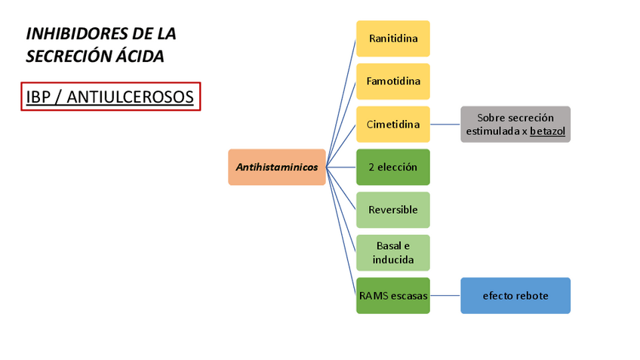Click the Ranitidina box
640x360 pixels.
[392, 38]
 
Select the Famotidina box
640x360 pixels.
[392, 81]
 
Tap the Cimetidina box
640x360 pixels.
[392, 124]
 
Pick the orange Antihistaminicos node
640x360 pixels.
[277, 167]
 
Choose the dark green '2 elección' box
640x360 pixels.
[392, 167]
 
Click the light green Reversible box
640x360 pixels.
[392, 210]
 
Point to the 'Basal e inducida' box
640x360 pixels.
[392, 253]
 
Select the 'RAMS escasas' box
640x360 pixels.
[392, 296]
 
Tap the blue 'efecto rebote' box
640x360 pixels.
[515, 296]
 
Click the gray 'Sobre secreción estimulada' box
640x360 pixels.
[515, 124]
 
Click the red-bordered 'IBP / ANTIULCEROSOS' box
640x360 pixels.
[110, 97]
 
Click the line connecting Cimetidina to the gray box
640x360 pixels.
[445, 124]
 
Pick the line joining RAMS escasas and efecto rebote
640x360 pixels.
[445, 296]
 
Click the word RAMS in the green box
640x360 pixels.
[373, 296]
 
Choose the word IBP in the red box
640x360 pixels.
[38, 97]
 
